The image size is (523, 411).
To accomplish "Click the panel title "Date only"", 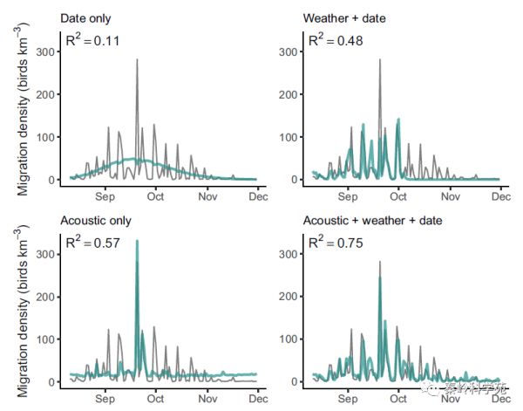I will click(85, 18).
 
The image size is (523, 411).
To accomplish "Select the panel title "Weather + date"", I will click(343, 18).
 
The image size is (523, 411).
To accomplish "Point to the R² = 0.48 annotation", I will click(333, 40).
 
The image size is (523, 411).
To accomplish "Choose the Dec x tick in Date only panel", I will click(258, 198).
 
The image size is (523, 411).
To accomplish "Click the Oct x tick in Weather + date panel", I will click(398, 198).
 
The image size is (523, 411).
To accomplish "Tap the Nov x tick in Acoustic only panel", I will click(207, 400).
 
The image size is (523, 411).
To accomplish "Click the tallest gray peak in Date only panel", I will click(137, 60).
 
